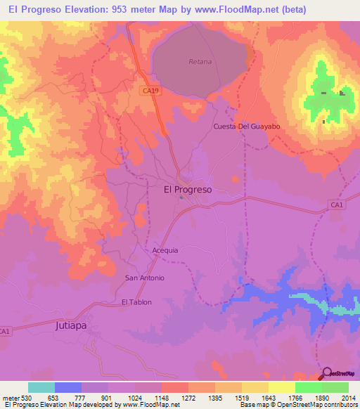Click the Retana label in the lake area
coord(200,62)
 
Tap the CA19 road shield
coord(148,90)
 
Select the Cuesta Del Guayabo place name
coord(247,126)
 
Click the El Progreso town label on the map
coord(188,189)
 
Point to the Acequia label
coord(165,250)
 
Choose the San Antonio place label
coord(145,278)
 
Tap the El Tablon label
coord(136,302)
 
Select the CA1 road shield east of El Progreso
coord(337,204)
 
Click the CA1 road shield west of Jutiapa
coord(5,331)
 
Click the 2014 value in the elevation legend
coord(349,397)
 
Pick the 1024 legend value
coord(135,397)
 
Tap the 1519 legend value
coord(242,397)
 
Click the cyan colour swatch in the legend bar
coord(41,387)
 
